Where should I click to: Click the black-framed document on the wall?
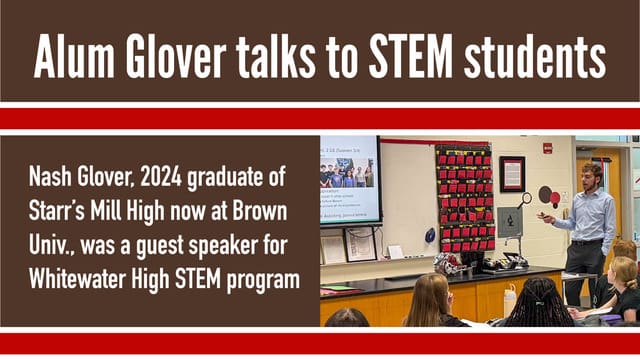tap(512, 173)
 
